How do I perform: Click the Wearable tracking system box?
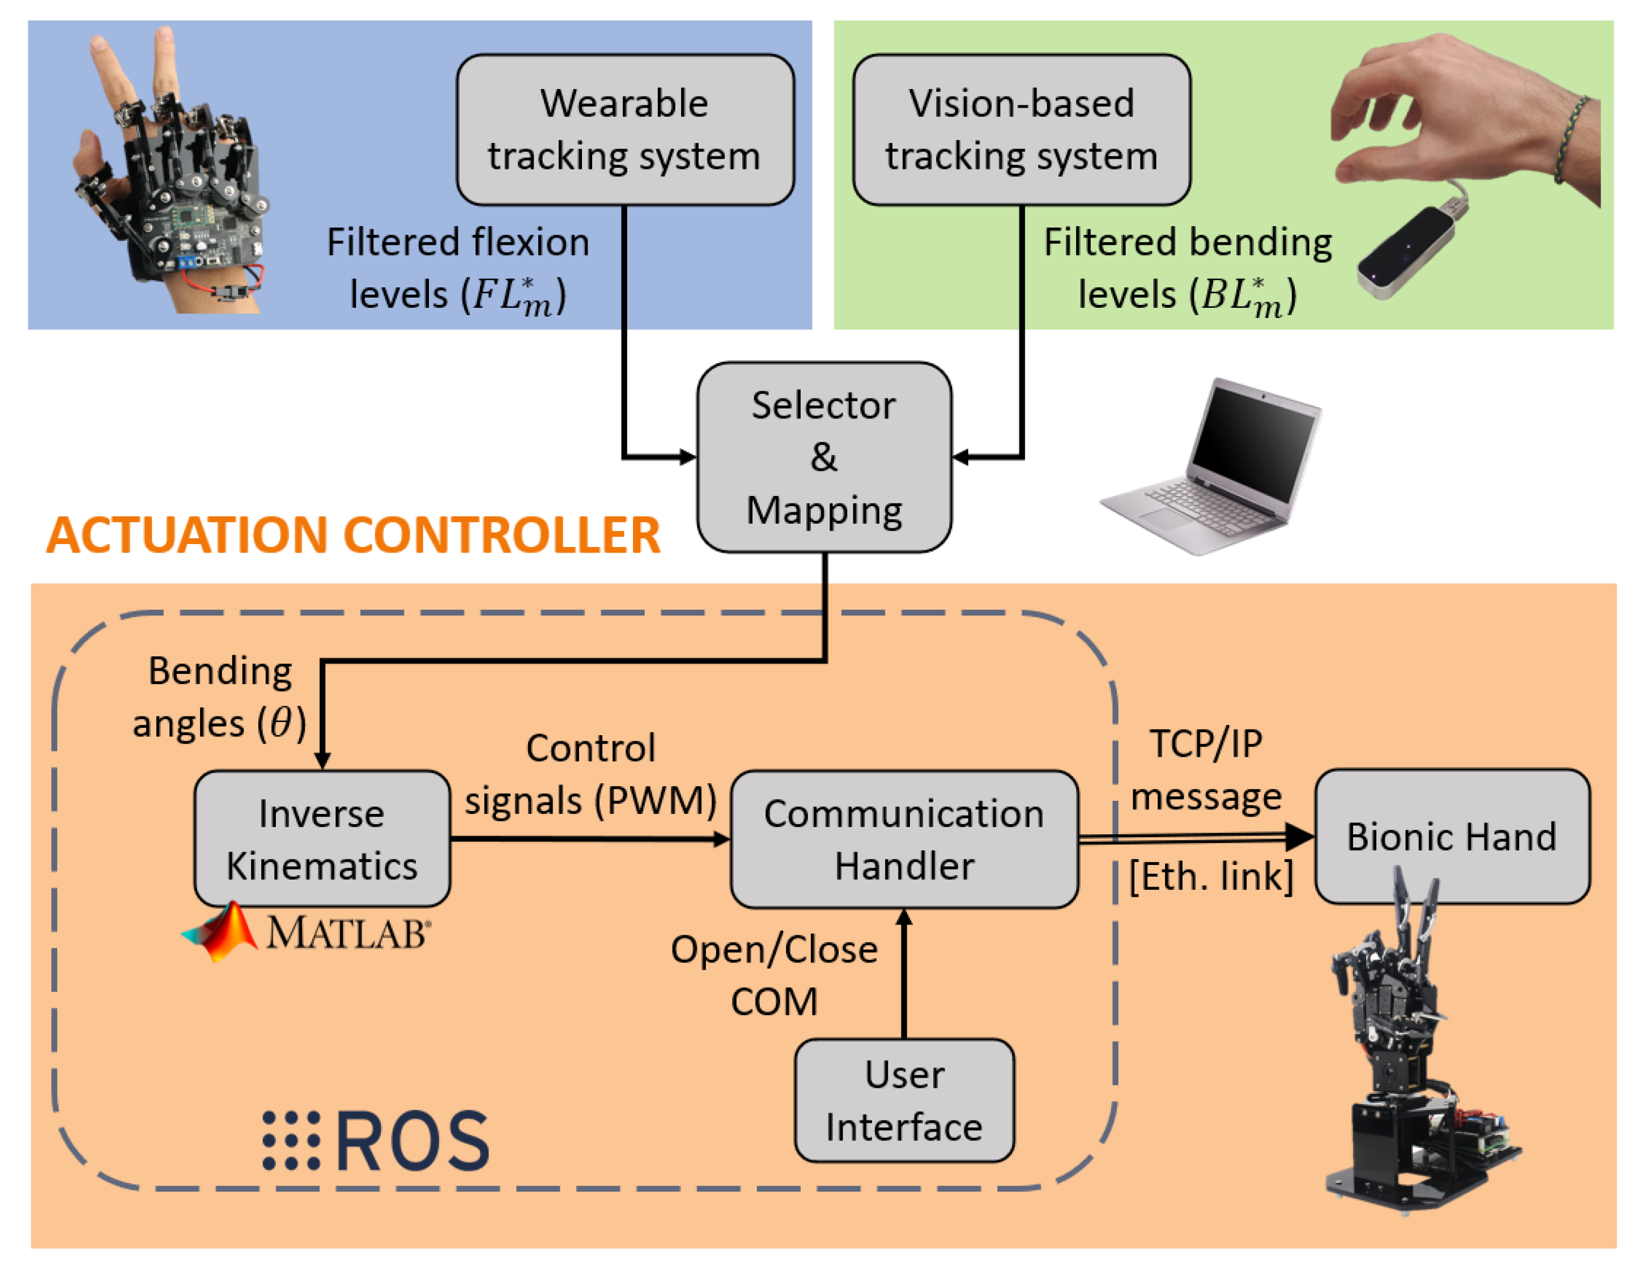tap(625, 129)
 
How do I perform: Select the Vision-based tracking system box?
tap(1022, 129)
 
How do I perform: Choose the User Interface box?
tap(904, 1100)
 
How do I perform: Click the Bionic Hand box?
tap(1451, 836)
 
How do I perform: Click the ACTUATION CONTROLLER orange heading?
tap(353, 536)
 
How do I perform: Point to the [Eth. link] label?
tap(1210, 876)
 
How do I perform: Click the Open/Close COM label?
tap(774, 975)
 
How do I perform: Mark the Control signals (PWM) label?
tap(590, 774)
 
